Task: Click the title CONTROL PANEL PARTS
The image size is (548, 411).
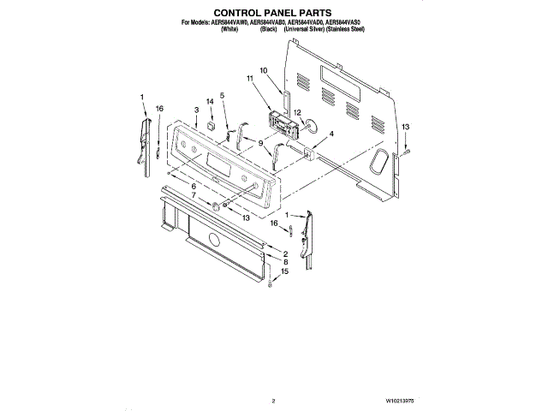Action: coord(273,13)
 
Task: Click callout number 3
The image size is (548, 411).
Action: coord(196,110)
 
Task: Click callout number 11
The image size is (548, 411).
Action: coord(251,79)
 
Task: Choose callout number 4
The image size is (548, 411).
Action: coord(331,134)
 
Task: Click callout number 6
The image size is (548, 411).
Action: coord(194,186)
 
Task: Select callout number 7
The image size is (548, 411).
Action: coord(194,196)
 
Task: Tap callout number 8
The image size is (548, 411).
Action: coord(285,261)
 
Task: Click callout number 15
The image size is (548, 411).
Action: coord(285,271)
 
